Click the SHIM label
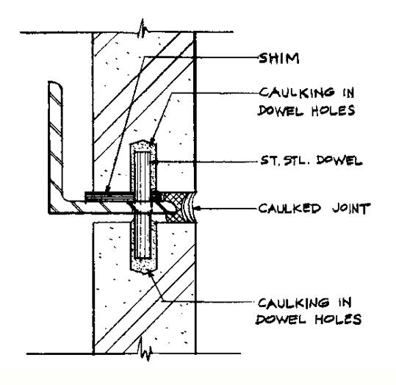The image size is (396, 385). [279, 58]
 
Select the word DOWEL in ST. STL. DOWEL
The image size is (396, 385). [339, 160]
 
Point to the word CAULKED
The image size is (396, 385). [289, 209]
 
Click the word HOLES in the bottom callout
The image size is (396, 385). [338, 319]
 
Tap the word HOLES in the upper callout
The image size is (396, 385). [333, 110]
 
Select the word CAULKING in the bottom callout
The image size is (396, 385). [294, 303]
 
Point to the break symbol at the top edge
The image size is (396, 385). [143, 29]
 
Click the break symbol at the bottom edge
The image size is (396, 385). [145, 350]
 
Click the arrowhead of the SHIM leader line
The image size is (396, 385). [107, 190]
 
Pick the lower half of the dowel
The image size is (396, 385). [143, 235]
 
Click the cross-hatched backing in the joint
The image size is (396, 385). [177, 207]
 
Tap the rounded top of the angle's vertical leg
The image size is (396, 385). [55, 84]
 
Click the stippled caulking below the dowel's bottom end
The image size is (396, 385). [143, 265]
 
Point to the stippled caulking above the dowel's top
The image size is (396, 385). [143, 146]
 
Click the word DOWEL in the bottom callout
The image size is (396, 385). [281, 319]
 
